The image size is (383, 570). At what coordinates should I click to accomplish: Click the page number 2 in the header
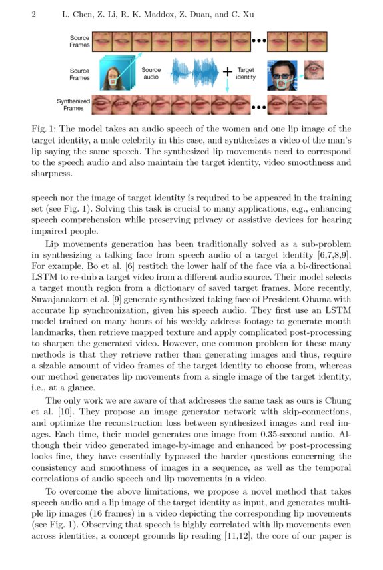pos(33,14)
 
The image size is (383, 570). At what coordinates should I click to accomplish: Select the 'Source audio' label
pos(151,73)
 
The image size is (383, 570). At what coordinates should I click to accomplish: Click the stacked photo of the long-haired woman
pos(116,74)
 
